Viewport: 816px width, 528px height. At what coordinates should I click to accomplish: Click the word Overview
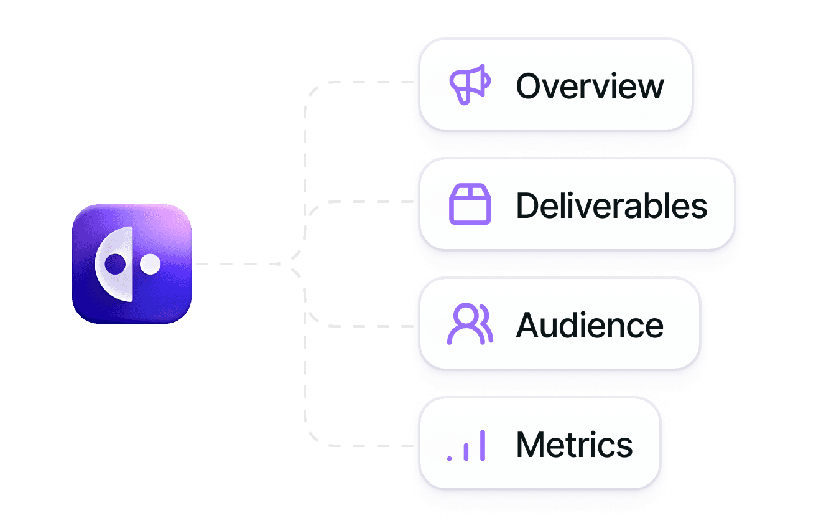(590, 86)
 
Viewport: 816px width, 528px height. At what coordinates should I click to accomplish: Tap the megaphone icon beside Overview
(470, 85)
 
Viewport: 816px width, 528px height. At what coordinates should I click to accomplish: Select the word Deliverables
(611, 205)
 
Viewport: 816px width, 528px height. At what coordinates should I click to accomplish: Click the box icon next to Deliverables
(470, 205)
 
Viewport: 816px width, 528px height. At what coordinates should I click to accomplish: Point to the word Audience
(590, 325)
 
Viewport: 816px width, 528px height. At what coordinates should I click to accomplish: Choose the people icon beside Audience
(470, 324)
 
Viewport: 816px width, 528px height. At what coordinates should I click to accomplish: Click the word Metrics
(574, 445)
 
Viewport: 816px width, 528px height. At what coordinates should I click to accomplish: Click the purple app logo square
(131, 263)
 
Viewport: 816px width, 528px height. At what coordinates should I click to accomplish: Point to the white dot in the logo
(150, 265)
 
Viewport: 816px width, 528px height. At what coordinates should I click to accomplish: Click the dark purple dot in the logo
(115, 265)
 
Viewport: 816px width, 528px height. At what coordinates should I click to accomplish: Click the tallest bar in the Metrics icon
(482, 445)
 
